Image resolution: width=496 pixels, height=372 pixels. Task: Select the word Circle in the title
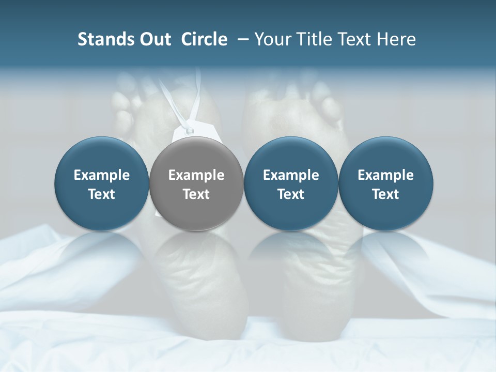click(204, 39)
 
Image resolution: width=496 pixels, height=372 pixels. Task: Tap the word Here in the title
click(395, 39)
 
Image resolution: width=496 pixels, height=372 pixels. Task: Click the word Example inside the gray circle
click(196, 176)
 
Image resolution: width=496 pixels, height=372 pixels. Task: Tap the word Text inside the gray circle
click(196, 194)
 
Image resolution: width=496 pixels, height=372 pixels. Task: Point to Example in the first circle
click(102, 176)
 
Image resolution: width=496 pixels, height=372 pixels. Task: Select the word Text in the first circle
click(102, 194)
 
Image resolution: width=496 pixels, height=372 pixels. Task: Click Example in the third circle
click(291, 176)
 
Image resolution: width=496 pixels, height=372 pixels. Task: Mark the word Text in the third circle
click(291, 194)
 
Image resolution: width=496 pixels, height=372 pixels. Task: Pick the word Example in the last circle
click(385, 176)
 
